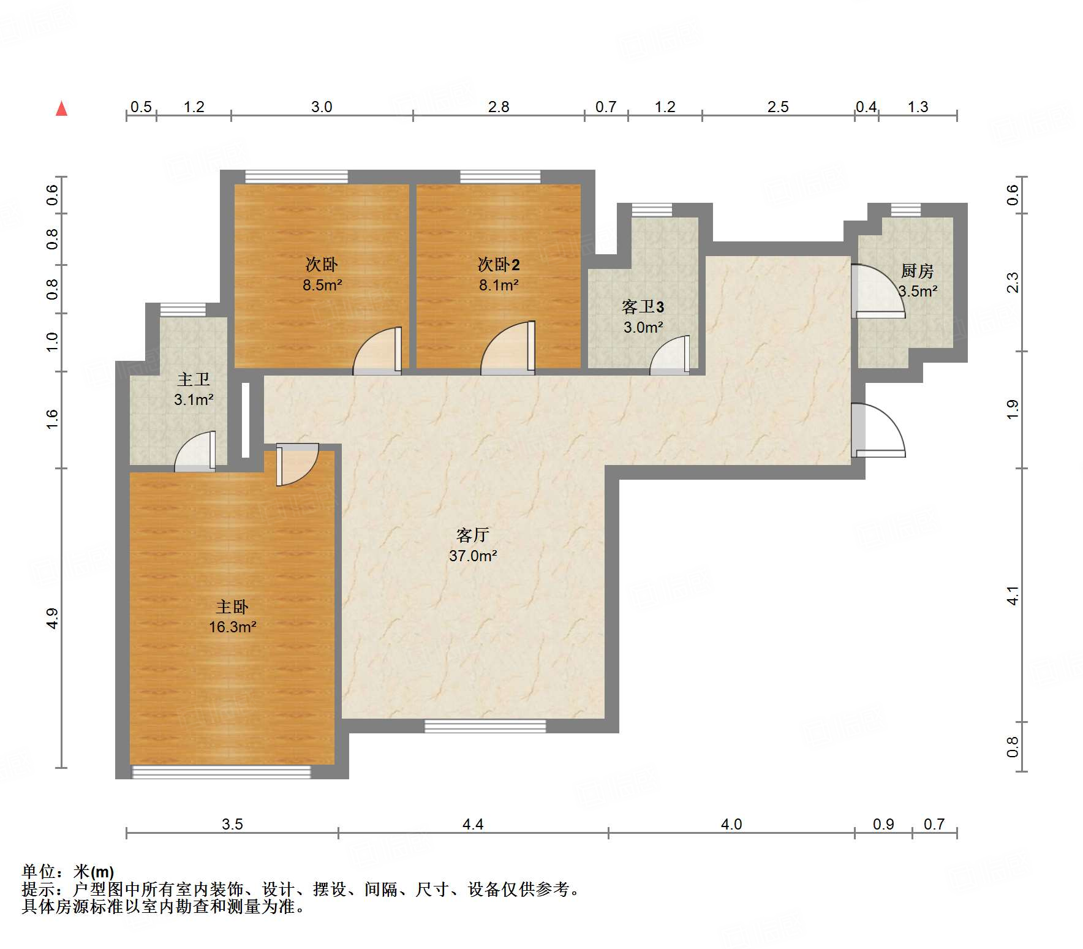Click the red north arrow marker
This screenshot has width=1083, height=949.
coord(61,108)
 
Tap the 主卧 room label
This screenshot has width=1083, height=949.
coord(232,607)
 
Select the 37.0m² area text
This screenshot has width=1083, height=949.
coord(473,556)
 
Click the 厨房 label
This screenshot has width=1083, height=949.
coord(917,270)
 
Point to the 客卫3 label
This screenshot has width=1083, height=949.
coord(643,306)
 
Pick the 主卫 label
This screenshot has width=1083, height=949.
coord(194,379)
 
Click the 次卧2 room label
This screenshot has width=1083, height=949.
coord(499,265)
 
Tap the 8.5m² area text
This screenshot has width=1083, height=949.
coord(322,285)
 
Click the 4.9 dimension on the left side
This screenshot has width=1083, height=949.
coord(53,618)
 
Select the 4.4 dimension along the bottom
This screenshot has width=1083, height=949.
coord(473,824)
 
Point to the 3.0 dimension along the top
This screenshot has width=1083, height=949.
coord(322,107)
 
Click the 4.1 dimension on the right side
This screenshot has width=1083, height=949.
coord(1013,595)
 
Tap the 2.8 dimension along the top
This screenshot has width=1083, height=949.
coord(499,107)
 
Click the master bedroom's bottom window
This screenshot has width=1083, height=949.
coord(222,772)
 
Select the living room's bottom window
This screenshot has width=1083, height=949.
coord(485,726)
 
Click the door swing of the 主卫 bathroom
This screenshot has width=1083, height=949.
coord(195,452)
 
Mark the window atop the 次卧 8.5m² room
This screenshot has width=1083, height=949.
coord(296,176)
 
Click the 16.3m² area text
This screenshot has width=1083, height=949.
coord(232,627)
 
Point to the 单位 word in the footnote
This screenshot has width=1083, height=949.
coord(38,871)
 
